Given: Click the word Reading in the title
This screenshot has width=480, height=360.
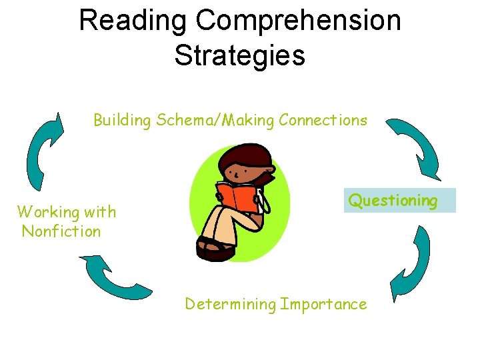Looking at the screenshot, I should (x=132, y=21).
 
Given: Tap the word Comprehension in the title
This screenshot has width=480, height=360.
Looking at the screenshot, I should (x=299, y=21).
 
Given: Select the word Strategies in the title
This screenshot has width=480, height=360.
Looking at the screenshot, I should (x=240, y=55).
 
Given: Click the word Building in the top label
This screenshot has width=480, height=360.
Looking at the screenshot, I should (x=123, y=121).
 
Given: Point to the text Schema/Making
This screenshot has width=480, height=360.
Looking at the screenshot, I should (x=215, y=121).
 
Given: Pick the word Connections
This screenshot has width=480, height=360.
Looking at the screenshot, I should (x=323, y=121).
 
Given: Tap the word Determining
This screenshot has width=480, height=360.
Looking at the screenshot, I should (x=230, y=305).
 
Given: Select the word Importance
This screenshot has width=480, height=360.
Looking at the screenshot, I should (x=323, y=305).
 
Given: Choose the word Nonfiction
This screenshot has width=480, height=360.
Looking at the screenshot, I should (x=61, y=232).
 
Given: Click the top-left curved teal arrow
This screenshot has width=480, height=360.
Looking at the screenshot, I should (x=43, y=150).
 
